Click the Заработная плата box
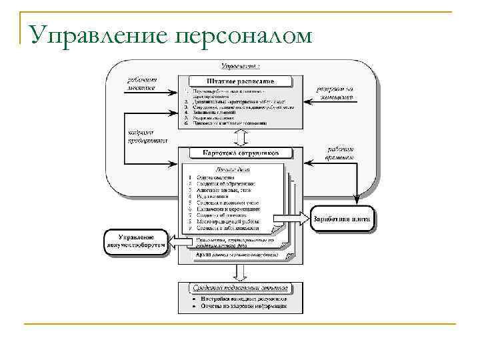(x=342, y=219)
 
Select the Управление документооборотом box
(x=135, y=241)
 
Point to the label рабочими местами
(x=141, y=84)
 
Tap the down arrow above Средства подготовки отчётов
(x=241, y=273)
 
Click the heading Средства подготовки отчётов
(x=241, y=288)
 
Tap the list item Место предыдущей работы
(x=223, y=221)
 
